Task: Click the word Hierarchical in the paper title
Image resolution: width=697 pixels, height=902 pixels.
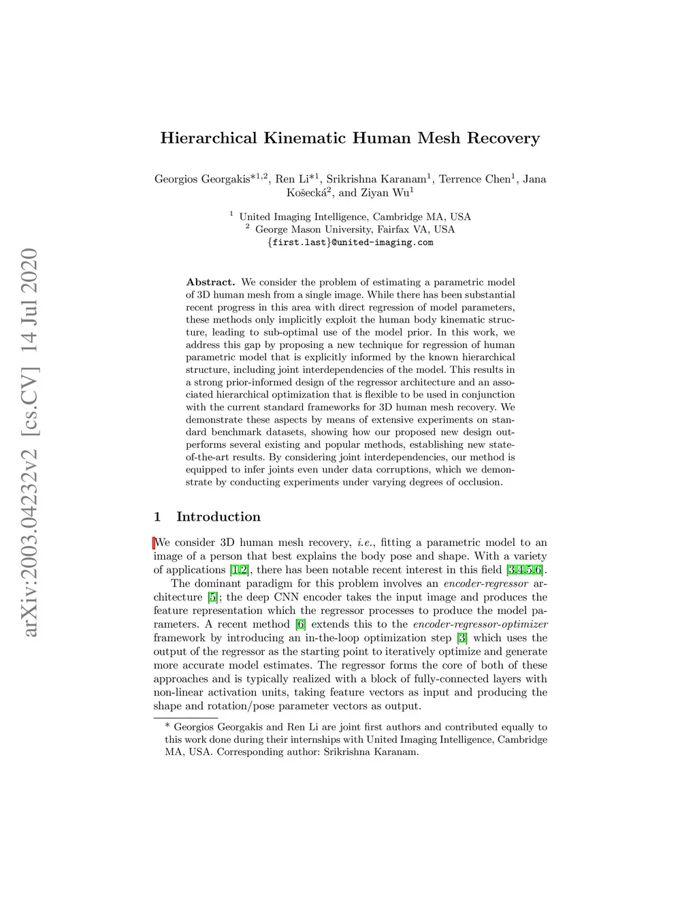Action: click(x=208, y=138)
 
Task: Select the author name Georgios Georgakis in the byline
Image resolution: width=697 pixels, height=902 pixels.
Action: click(x=202, y=179)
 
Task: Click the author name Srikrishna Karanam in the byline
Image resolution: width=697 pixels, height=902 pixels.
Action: click(x=376, y=179)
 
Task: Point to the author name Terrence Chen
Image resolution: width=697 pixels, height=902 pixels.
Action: click(x=474, y=179)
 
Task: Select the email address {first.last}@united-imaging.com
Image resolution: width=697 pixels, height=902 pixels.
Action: click(x=351, y=242)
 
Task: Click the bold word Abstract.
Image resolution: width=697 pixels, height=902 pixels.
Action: click(x=210, y=282)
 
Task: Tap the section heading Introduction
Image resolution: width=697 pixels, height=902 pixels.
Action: click(x=218, y=517)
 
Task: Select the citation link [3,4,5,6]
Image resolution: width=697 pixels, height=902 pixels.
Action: click(x=525, y=570)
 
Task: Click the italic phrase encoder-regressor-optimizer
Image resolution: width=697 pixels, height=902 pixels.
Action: click(x=480, y=624)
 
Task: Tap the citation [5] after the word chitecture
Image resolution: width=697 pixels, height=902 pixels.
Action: click(x=213, y=597)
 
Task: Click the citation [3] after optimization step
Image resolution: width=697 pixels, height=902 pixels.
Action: click(x=462, y=638)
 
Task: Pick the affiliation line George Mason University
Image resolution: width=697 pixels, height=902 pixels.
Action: click(x=355, y=229)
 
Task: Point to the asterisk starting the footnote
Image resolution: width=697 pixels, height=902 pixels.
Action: click(x=167, y=727)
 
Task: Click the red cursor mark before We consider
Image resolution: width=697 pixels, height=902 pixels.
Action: click(x=155, y=543)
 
